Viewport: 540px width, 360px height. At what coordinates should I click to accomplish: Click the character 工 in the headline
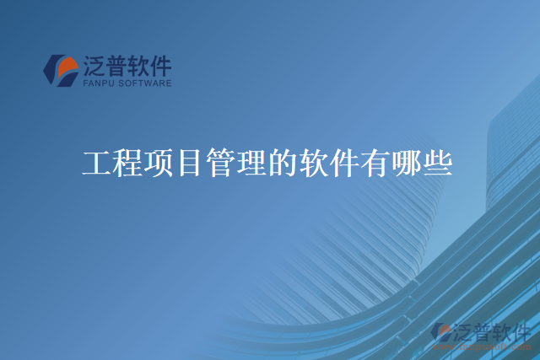coord(97,163)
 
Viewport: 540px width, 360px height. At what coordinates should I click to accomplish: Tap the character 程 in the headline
coord(127,163)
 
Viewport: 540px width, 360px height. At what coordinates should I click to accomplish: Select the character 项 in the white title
coord(157,163)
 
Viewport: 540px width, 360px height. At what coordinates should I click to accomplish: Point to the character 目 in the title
coord(186,163)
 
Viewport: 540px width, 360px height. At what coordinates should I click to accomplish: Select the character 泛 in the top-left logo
coord(95,66)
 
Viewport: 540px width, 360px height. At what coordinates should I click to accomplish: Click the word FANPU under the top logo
coord(98,83)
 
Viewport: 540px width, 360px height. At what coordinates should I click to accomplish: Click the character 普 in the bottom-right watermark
coord(483,330)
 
